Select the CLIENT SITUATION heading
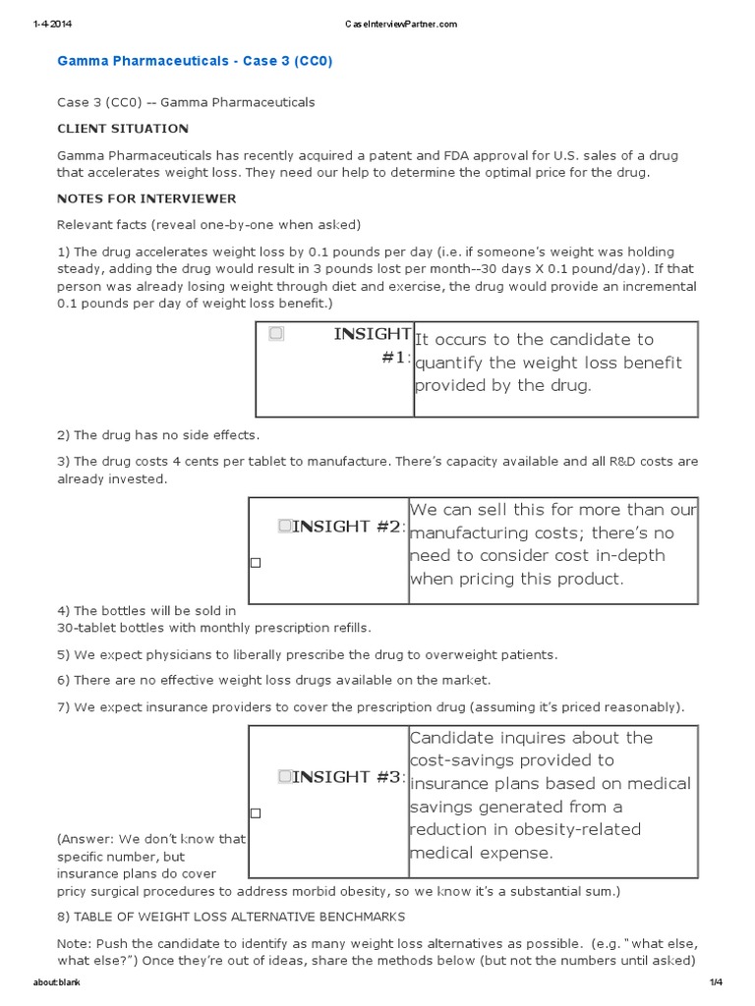click(x=123, y=129)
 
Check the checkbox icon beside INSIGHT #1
click(x=276, y=334)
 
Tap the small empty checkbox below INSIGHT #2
click(x=256, y=563)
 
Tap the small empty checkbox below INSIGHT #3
click(x=256, y=813)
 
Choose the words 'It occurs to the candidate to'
click(x=534, y=339)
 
